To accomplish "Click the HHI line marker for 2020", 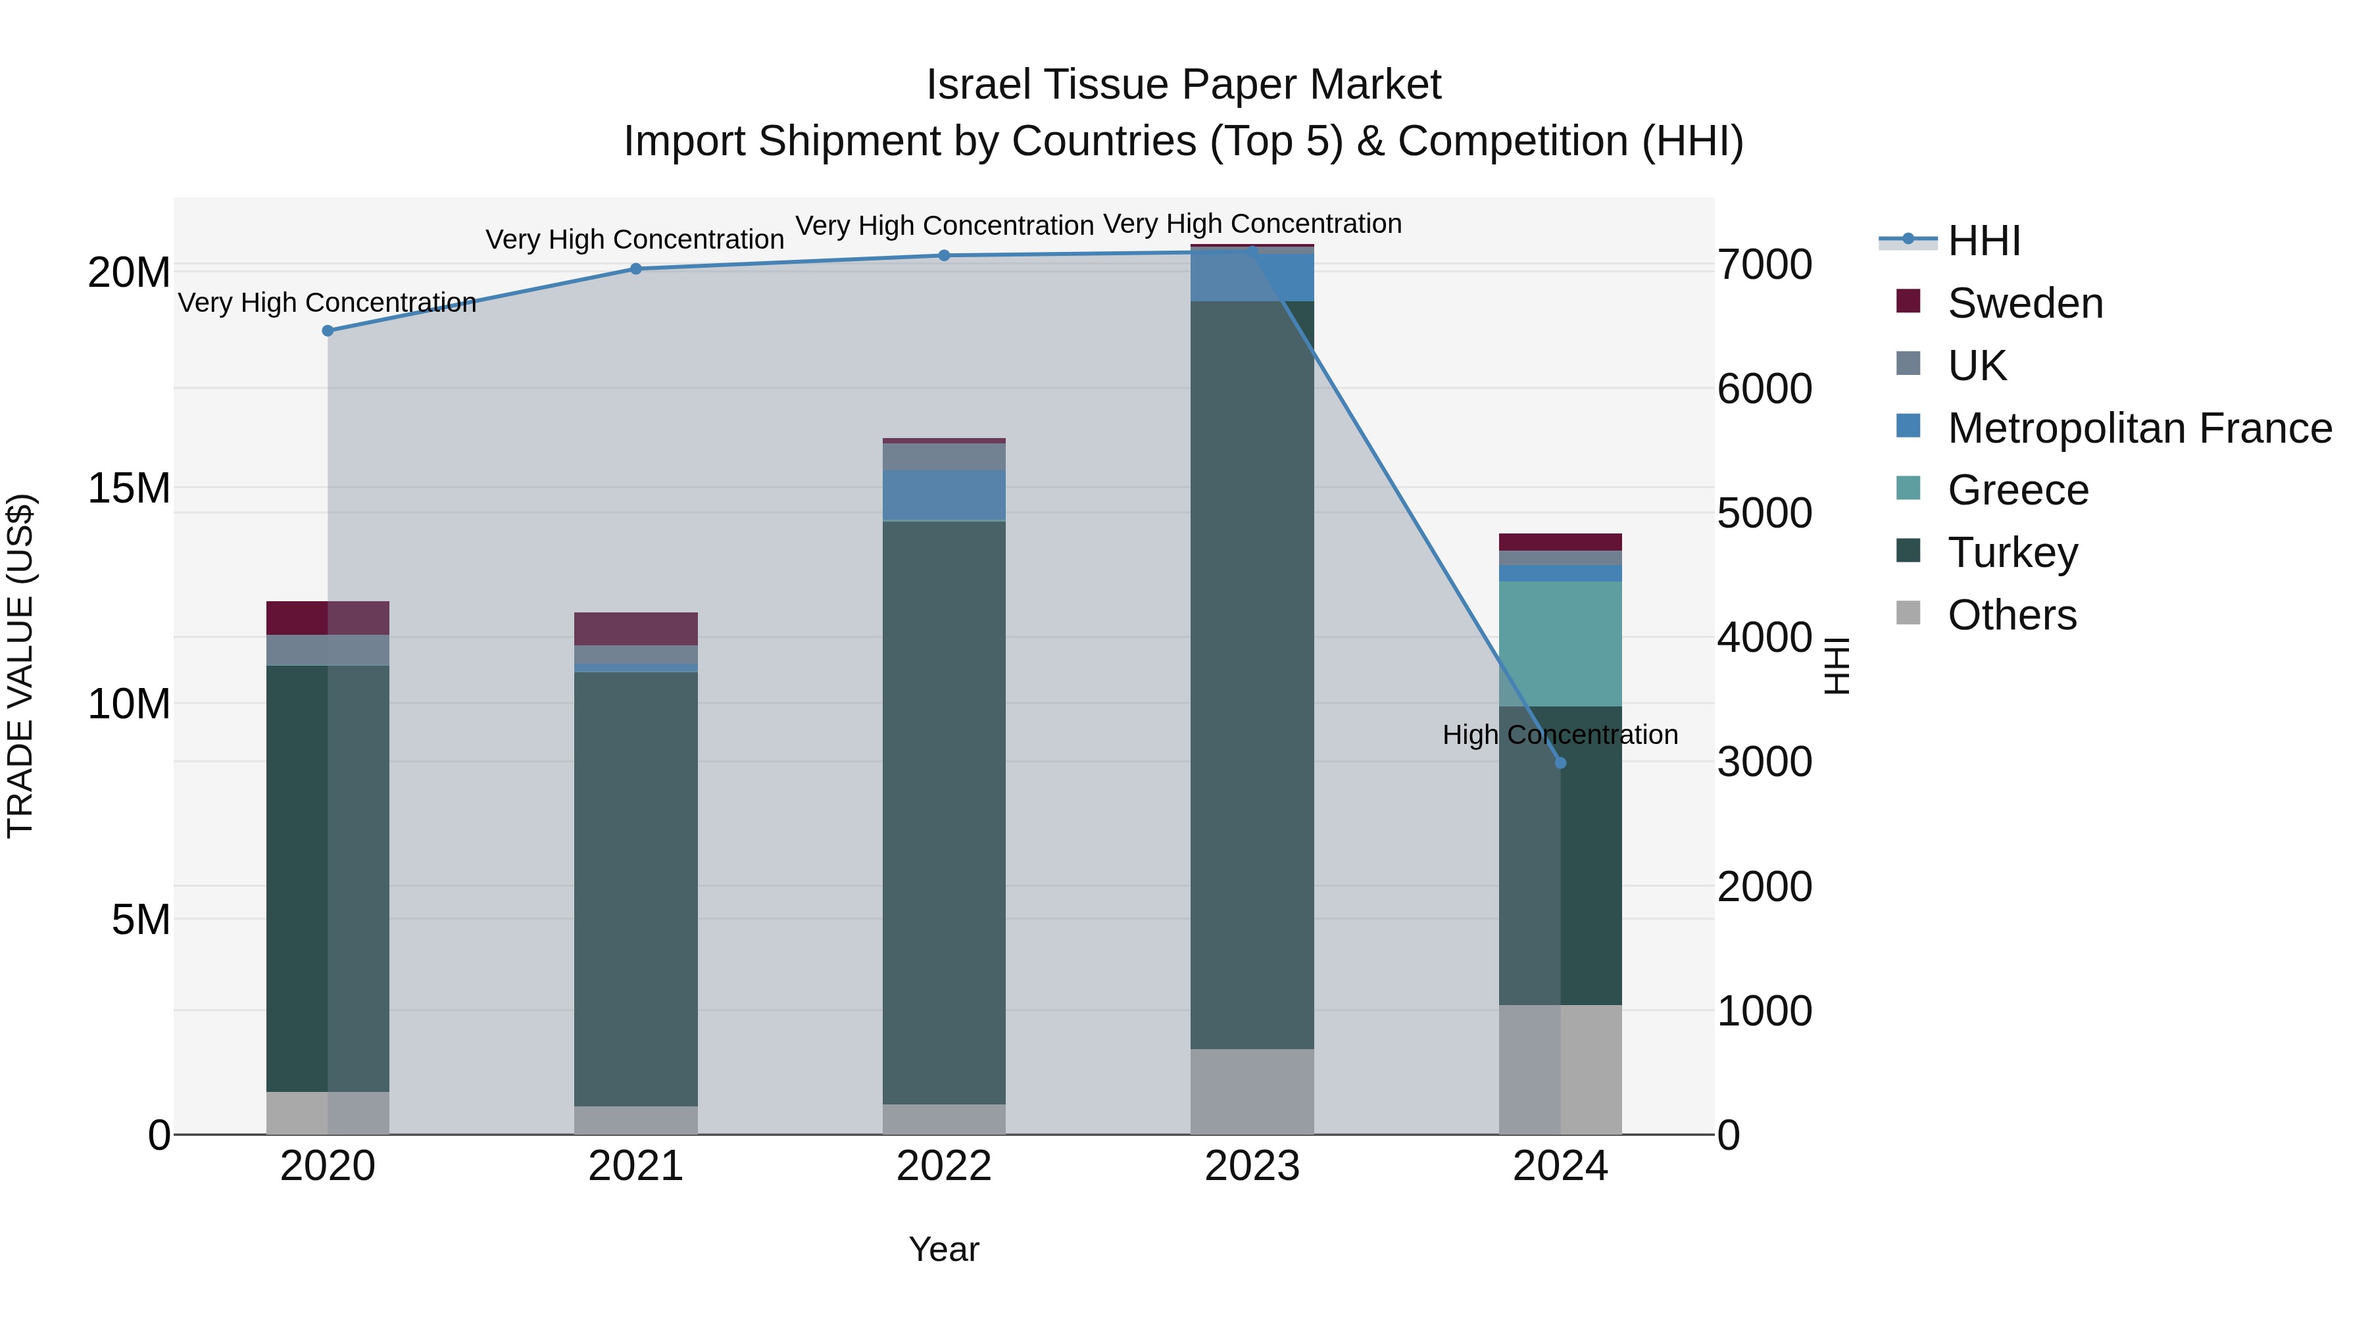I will click(328, 331).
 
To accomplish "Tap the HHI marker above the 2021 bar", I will click(636, 269).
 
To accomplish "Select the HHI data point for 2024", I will click(1560, 763).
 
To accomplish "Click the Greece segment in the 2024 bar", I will click(1560, 643).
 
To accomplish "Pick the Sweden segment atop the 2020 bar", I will click(328, 618).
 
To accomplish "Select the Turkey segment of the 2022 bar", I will click(944, 809).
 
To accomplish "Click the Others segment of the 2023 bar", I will click(1252, 1091).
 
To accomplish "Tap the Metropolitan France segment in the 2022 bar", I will click(944, 495).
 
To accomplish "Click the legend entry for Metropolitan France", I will click(2139, 428).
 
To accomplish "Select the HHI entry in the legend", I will click(1984, 241).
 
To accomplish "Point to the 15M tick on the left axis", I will click(129, 488).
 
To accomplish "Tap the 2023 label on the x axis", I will click(1252, 1166).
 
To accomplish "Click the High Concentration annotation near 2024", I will click(1560, 735).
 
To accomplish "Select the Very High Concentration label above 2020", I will click(328, 303).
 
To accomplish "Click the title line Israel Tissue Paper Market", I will click(1183, 85).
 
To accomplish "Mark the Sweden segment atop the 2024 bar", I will click(1560, 541).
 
